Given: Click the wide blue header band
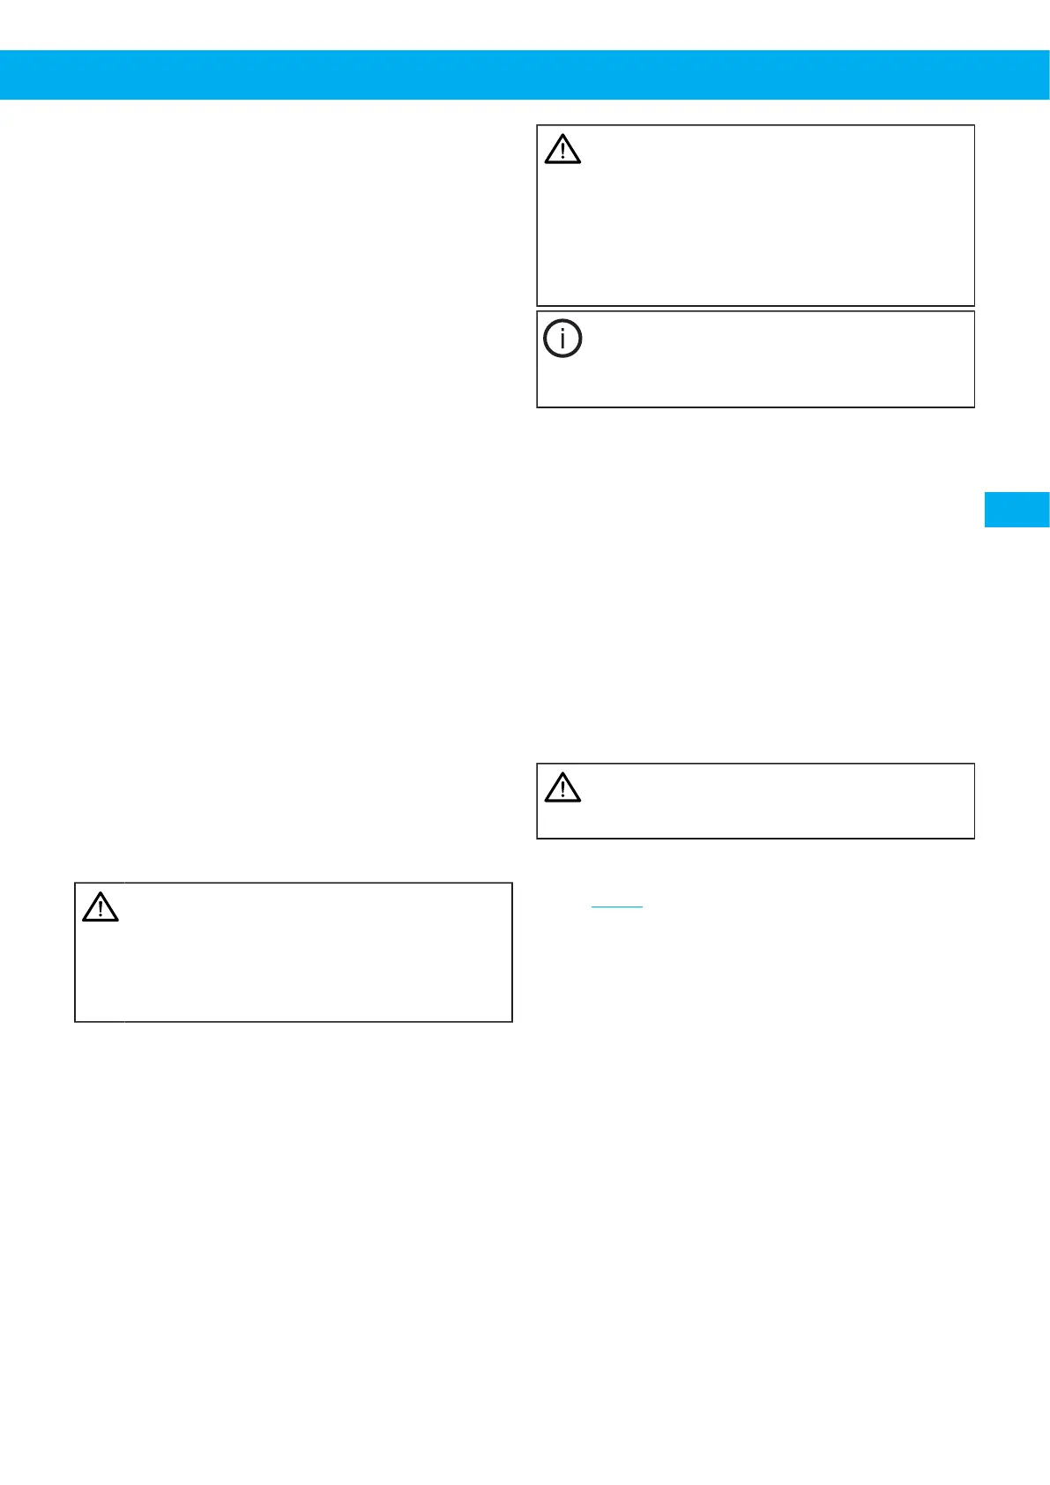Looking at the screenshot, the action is [525, 75].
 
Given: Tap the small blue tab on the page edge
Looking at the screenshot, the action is [1016, 510].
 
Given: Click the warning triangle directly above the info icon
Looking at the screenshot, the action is [562, 150].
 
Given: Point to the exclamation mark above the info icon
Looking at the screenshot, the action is [562, 153].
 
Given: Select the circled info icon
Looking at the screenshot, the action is [562, 339].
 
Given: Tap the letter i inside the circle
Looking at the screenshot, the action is [562, 339].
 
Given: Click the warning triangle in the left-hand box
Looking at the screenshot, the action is [101, 907].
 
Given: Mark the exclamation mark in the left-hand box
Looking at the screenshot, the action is [101, 910].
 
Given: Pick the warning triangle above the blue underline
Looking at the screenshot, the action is [562, 787].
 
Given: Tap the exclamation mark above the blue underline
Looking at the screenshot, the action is [562, 789].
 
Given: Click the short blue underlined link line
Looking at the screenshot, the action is [617, 907].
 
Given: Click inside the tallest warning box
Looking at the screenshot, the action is [756, 229].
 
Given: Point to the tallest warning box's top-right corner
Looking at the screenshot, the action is [974, 125].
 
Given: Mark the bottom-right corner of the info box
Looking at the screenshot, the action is [974, 407].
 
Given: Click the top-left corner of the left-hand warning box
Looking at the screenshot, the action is [75, 883].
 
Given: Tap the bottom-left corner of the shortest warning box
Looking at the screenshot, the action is [537, 838].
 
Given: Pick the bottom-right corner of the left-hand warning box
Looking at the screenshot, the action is [512, 1021].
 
